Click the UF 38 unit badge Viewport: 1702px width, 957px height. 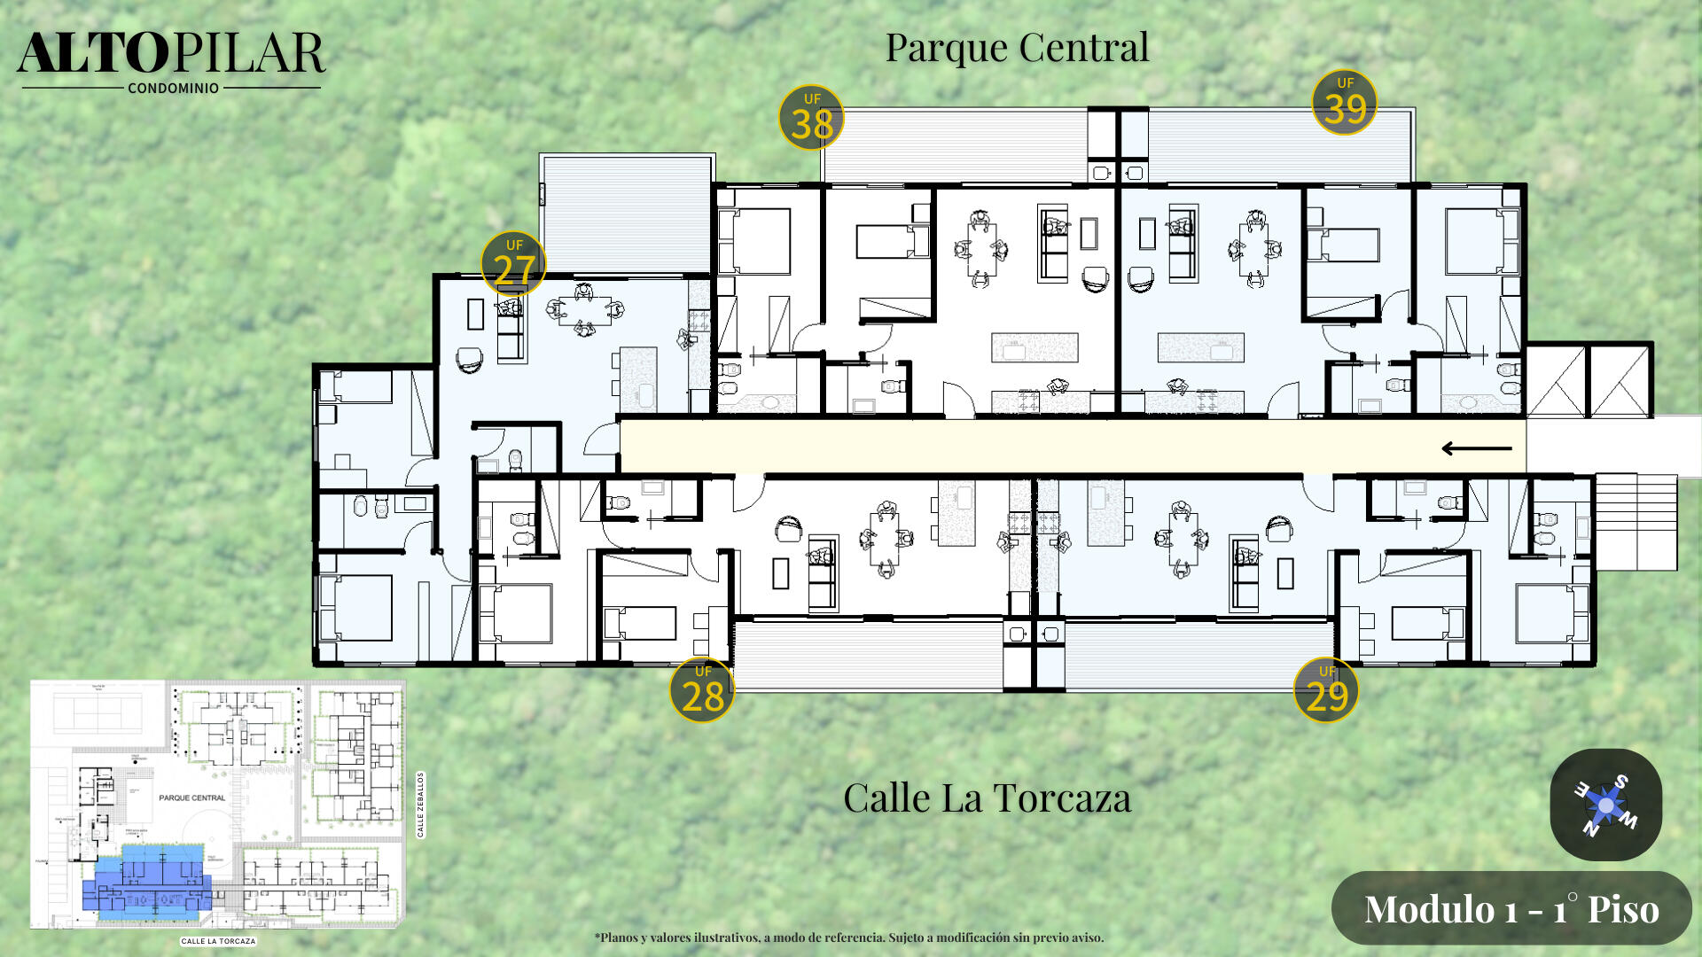click(810, 118)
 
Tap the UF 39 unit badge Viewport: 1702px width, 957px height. click(1345, 103)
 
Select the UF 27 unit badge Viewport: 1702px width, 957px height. click(513, 264)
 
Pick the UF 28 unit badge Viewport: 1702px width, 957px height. click(702, 690)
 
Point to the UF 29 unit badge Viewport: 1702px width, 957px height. click(1326, 690)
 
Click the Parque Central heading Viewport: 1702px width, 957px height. click(1017, 48)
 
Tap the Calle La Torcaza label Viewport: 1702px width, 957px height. click(987, 798)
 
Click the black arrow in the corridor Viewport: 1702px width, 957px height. click(1476, 448)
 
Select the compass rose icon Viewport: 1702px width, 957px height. click(1605, 805)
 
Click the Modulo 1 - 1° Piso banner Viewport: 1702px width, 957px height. click(1511, 909)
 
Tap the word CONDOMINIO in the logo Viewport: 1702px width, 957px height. click(173, 89)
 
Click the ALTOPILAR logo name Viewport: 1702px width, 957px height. click(171, 53)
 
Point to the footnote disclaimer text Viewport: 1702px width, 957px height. click(848, 938)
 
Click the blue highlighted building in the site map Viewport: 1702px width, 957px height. click(146, 882)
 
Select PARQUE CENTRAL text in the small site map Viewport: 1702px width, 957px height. click(191, 797)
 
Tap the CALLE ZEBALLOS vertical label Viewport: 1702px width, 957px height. click(421, 805)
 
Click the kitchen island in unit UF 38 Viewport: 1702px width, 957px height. click(1034, 347)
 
